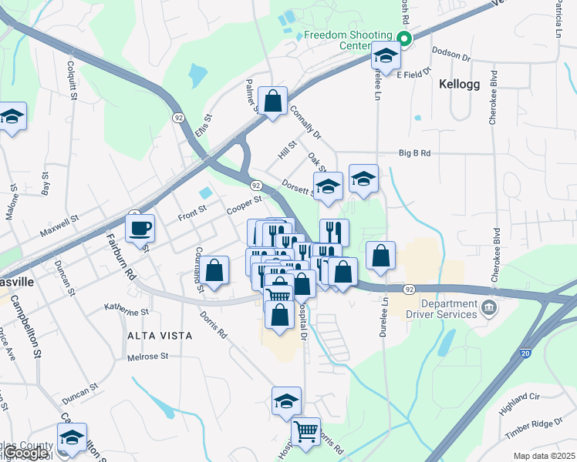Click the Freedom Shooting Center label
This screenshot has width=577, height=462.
point(348,39)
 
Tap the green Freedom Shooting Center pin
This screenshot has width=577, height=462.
point(403,38)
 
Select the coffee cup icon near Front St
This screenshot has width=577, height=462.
point(141,228)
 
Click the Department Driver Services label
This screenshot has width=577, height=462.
point(440,309)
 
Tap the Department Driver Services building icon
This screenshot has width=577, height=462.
point(488,309)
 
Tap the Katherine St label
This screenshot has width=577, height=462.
point(127,311)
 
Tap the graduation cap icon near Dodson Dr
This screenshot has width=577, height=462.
point(385,55)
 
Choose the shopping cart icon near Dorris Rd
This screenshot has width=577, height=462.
point(306,431)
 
